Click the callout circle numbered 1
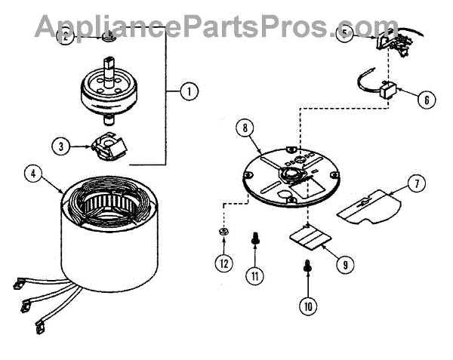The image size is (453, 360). tap(189, 91)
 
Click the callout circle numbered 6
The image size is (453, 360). tap(426, 99)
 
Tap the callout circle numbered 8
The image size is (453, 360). tap(244, 128)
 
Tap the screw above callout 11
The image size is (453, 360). tap(254, 240)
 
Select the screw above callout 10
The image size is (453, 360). tap(308, 265)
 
